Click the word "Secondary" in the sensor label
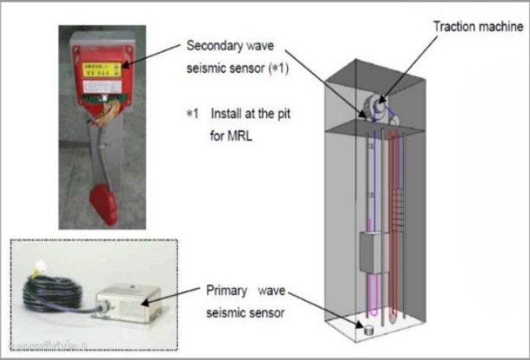[213, 45]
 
